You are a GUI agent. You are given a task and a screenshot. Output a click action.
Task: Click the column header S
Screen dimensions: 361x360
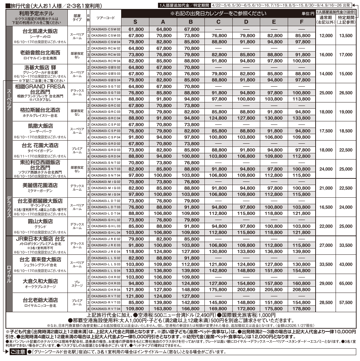[135, 22]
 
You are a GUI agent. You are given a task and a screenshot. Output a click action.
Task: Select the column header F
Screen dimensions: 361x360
[301, 22]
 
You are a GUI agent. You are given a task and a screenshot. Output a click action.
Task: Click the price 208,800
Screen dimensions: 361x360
[301, 289]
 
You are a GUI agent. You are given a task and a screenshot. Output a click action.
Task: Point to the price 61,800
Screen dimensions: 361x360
[135, 30]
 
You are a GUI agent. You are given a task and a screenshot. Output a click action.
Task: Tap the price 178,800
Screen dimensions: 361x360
[301, 309]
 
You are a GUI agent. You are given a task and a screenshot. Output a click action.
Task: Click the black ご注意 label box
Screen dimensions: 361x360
[17, 352]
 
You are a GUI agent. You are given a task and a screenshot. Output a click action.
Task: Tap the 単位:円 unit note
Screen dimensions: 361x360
[307, 14]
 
